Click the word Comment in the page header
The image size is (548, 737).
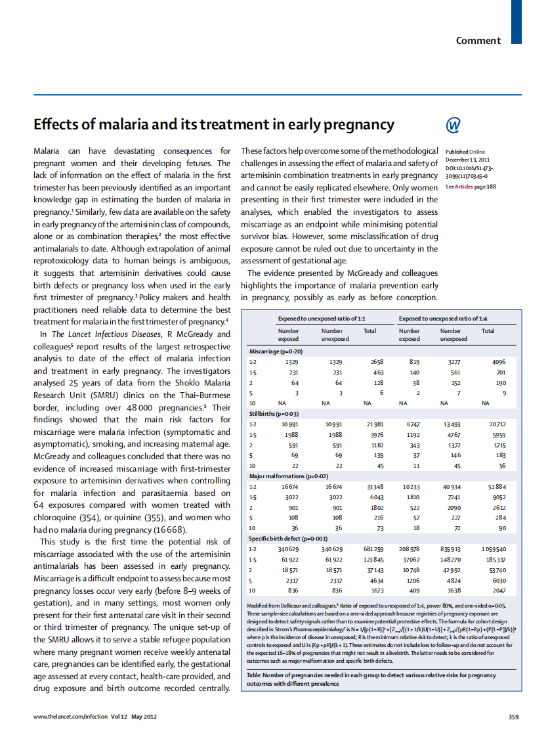[478, 41]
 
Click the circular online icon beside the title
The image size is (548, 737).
[453, 125]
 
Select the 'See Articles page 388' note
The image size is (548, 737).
[470, 187]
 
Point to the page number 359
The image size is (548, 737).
[514, 716]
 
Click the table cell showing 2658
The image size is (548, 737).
[376, 361]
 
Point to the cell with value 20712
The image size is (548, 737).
[497, 424]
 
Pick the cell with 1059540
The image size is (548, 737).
[494, 548]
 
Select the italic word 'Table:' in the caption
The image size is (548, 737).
[255, 675]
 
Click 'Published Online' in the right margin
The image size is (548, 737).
[465, 152]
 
